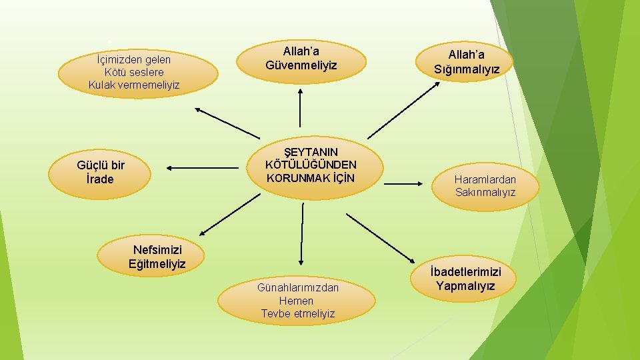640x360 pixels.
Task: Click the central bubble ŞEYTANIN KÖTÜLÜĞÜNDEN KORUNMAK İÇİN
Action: coord(311,166)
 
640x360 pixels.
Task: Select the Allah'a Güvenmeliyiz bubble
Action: coord(301,59)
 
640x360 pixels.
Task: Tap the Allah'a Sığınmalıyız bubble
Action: coord(466,62)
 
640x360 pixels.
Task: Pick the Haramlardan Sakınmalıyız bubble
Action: coord(485,186)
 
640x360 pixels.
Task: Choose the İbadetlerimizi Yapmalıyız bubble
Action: coord(465,279)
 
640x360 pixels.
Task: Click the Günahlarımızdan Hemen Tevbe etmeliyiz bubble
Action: coord(297,300)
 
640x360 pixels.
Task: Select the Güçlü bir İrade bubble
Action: coord(103,173)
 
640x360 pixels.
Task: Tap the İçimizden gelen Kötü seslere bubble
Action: coord(138,73)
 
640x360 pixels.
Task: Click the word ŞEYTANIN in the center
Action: coord(311,153)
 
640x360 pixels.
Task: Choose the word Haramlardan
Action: coord(485,179)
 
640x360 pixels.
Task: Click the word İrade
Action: coord(100,179)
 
